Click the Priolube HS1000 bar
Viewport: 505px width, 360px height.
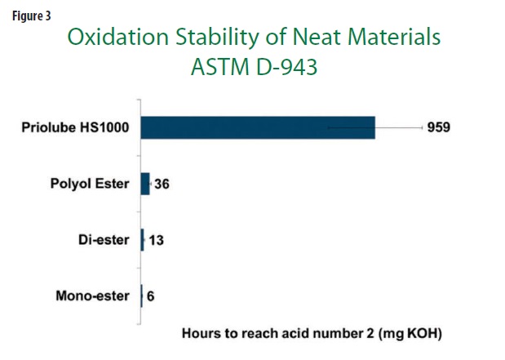pyautogui.click(x=258, y=127)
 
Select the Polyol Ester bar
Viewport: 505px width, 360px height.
pyautogui.click(x=145, y=184)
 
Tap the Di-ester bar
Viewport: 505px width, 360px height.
pyautogui.click(x=142, y=240)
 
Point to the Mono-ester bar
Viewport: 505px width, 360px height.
pyautogui.click(x=142, y=296)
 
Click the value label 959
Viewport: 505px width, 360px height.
pyautogui.click(x=439, y=127)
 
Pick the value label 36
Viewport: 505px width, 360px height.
pyautogui.click(x=162, y=184)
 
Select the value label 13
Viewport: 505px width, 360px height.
pyautogui.click(x=156, y=240)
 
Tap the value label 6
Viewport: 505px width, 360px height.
pyautogui.click(x=150, y=296)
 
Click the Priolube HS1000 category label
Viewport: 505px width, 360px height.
pyautogui.click(x=75, y=127)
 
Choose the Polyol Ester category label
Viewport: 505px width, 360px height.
pyautogui.click(x=90, y=184)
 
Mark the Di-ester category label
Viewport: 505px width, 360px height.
pyautogui.click(x=104, y=240)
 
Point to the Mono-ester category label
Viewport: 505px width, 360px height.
pyautogui.click(x=93, y=296)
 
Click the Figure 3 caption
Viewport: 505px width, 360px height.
pyautogui.click(x=32, y=16)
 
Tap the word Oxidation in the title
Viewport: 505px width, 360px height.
pyautogui.click(x=117, y=37)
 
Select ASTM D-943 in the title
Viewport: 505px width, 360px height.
pyautogui.click(x=255, y=67)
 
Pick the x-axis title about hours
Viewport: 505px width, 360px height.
pyautogui.click(x=312, y=333)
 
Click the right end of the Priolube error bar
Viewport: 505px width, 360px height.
pyautogui.click(x=423, y=128)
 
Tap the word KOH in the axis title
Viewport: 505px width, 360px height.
pyautogui.click(x=421, y=333)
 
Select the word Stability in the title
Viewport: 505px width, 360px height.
pyautogui.click(x=217, y=38)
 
